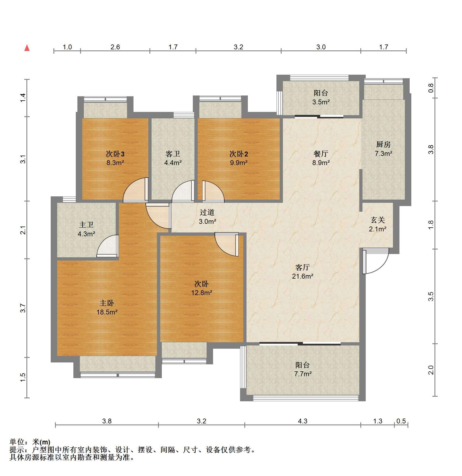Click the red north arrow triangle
(x=27, y=48)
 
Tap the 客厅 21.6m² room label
(x=303, y=272)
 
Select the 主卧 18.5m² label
(x=107, y=307)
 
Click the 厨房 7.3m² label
(x=383, y=149)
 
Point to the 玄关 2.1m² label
(x=378, y=224)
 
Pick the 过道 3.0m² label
(x=207, y=217)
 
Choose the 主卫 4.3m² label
(x=86, y=229)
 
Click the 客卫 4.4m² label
(x=173, y=158)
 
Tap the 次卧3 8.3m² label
(x=115, y=158)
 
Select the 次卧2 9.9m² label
(x=239, y=158)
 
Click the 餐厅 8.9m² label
(x=321, y=158)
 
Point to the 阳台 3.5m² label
(x=321, y=97)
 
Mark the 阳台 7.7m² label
(x=303, y=369)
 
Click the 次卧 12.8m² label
(x=202, y=288)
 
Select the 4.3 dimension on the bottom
(x=303, y=421)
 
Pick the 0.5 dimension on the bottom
(x=401, y=421)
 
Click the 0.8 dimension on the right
(x=431, y=88)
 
